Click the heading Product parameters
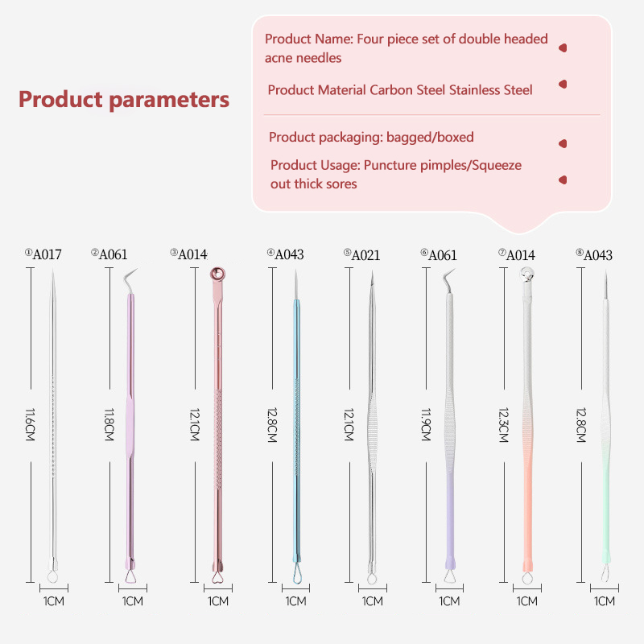(x=124, y=100)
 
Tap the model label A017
(x=47, y=254)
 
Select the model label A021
(x=365, y=255)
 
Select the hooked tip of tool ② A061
(x=130, y=278)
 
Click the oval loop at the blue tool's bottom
(x=295, y=574)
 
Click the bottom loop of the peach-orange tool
(x=527, y=576)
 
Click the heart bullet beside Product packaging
(x=563, y=143)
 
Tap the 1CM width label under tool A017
(x=53, y=601)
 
